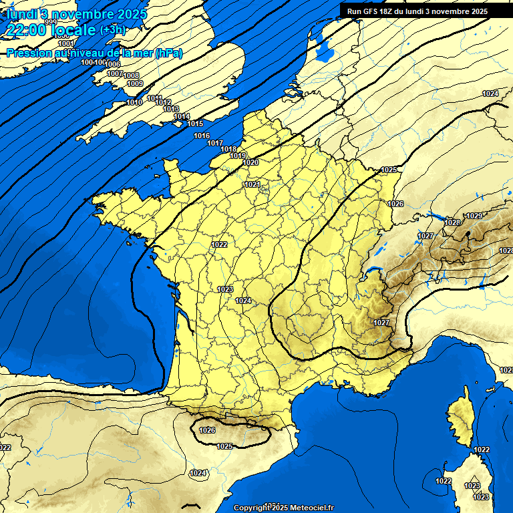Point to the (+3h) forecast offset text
[112, 30]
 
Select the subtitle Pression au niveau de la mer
[94, 53]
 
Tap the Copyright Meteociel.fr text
[283, 508]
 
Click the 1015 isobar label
[195, 124]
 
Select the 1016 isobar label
[202, 136]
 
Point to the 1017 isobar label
[215, 143]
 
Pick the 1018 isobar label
[228, 149]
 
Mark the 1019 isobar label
[238, 156]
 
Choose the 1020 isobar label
[250, 162]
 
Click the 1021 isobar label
[252, 184]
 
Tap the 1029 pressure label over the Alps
[474, 216]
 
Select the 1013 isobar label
[171, 109]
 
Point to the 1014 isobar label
[182, 116]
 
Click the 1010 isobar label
[134, 102]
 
